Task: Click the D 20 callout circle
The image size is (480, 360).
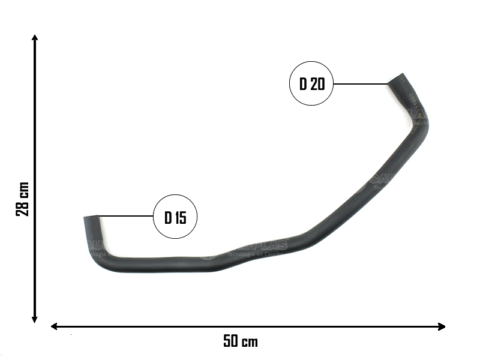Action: [311, 84]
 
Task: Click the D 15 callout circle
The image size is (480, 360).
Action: [175, 217]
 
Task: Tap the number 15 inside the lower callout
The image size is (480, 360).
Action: [180, 217]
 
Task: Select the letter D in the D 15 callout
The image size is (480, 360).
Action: [168, 217]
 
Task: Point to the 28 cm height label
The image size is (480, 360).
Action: [22, 199]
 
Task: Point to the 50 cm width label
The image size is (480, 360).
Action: [240, 342]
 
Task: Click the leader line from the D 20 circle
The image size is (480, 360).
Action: [360, 84]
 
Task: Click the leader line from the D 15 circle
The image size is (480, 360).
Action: [126, 215]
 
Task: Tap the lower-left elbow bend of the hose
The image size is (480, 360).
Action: [99, 255]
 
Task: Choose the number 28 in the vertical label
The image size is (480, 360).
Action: [22, 208]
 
